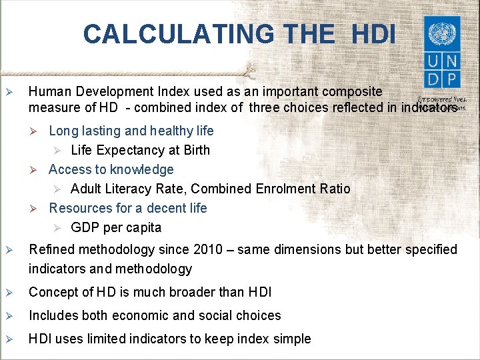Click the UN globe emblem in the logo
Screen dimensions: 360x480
pos(441,33)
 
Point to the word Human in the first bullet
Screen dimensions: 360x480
pos(49,91)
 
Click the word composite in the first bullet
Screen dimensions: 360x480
pos(353,91)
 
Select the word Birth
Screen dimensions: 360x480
pos(195,150)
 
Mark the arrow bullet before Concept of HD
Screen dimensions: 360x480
pos(9,293)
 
